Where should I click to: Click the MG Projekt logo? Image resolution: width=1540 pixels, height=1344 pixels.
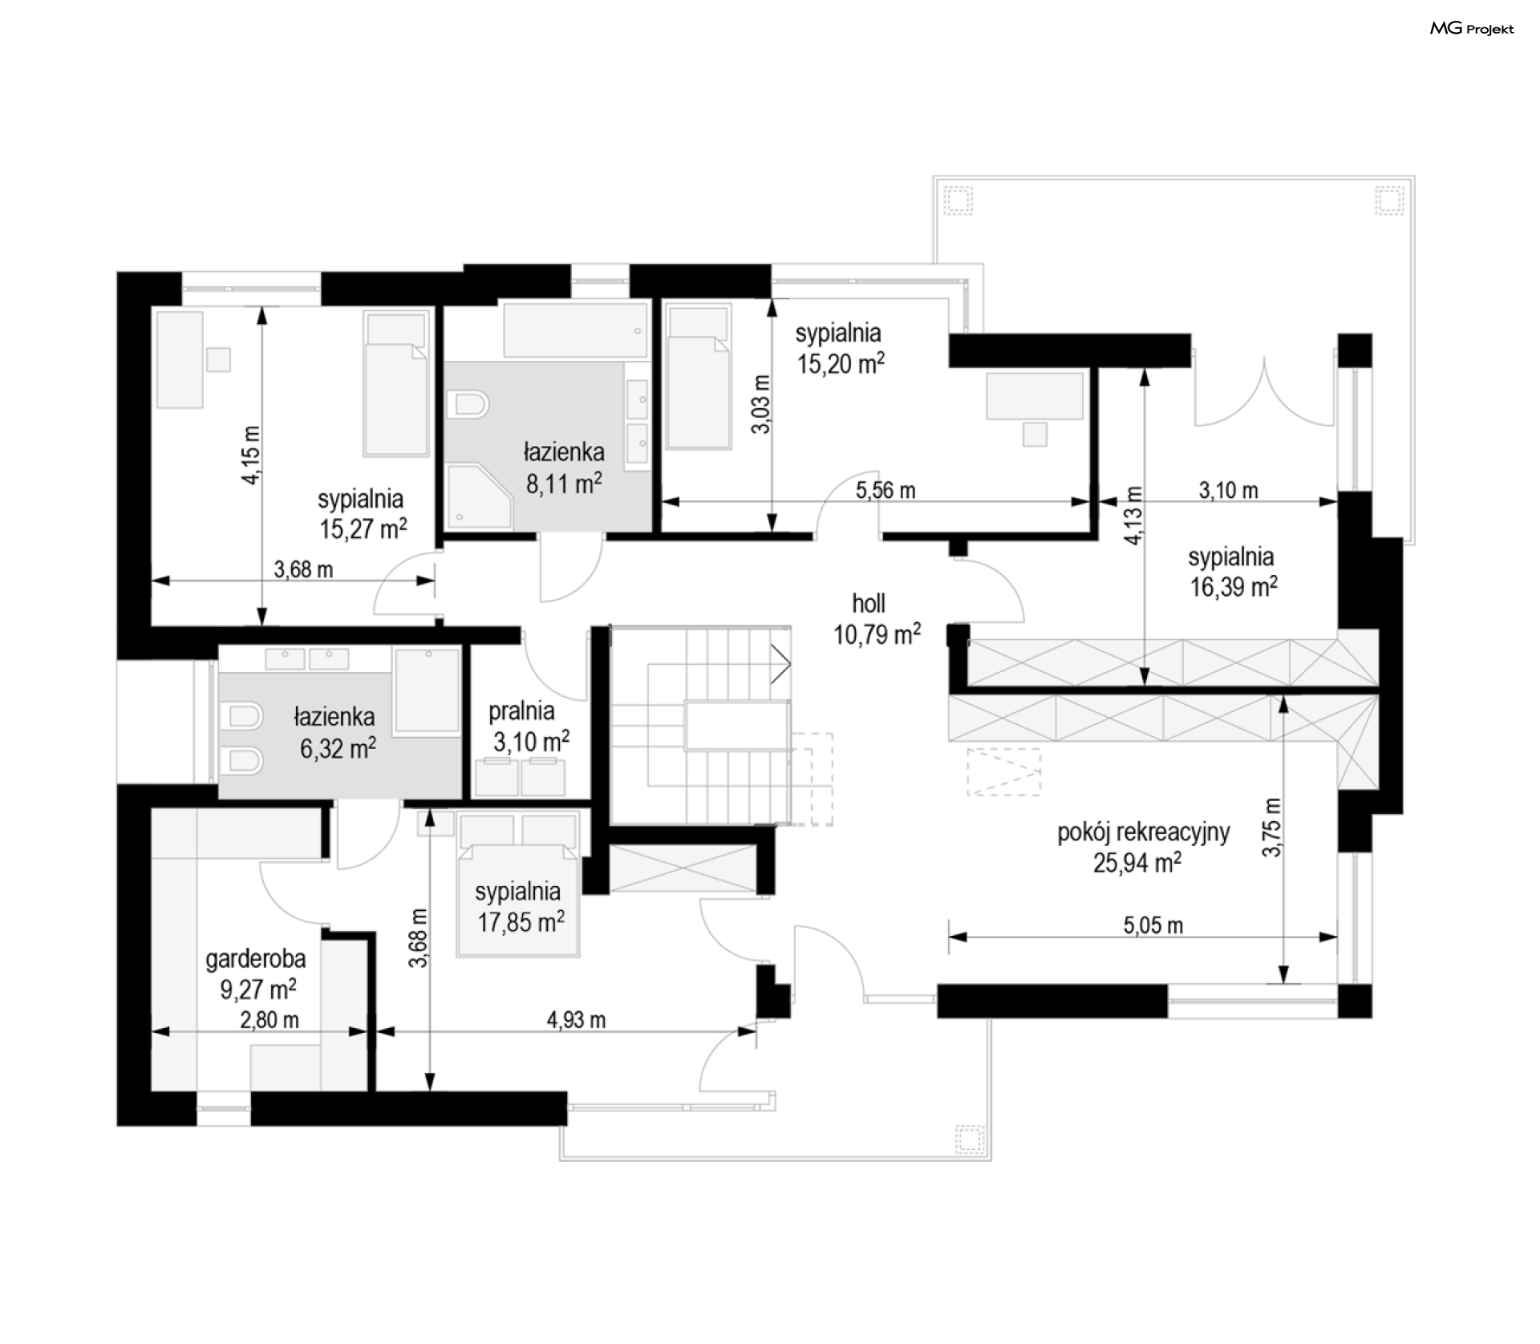(x=1472, y=29)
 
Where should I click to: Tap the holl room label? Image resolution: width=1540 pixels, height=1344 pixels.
(x=869, y=604)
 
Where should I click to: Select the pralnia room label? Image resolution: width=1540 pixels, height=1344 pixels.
(x=521, y=710)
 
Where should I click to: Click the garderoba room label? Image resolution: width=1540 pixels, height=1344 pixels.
(x=256, y=958)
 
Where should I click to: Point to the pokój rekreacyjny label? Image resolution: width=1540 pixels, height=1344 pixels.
(x=1143, y=833)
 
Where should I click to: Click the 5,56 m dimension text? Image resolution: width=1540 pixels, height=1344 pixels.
(x=885, y=490)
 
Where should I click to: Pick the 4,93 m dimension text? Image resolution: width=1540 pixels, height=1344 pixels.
(x=576, y=1020)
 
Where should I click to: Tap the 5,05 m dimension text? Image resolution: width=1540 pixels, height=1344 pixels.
(x=1153, y=925)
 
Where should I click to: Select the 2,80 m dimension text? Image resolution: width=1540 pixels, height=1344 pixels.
(x=269, y=1020)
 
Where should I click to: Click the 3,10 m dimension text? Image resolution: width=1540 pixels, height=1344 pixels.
(x=1228, y=490)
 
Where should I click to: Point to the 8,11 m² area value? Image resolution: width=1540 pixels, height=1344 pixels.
(x=564, y=484)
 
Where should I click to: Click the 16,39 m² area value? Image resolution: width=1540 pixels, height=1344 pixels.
(x=1233, y=587)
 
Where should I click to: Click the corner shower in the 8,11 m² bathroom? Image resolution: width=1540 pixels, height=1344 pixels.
(x=479, y=496)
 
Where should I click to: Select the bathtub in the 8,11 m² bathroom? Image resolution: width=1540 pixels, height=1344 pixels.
(x=575, y=330)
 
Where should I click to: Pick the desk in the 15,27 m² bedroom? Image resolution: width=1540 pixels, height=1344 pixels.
(x=179, y=360)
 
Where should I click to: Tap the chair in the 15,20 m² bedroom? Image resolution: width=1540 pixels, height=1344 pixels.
(x=1035, y=435)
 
